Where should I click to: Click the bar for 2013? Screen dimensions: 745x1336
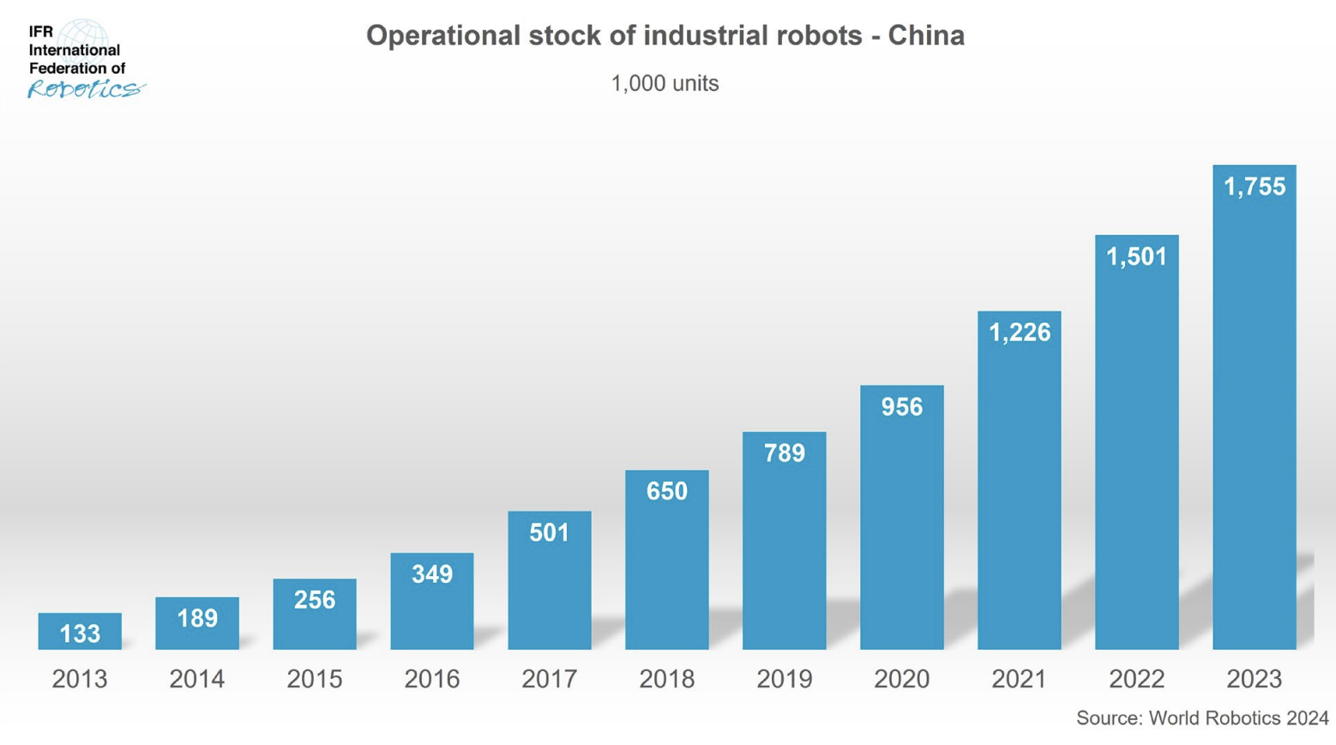[80, 631]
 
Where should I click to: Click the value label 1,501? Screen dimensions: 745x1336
[1136, 257]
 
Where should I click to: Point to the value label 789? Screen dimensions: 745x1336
[784, 453]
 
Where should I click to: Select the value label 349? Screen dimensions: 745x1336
[431, 574]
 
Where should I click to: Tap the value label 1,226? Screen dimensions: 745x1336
[1019, 332]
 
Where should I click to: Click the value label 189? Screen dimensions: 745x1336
[197, 618]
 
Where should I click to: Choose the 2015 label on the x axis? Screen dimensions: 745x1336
[315, 679]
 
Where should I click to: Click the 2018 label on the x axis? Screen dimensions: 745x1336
[666, 679]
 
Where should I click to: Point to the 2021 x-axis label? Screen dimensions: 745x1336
[1019, 679]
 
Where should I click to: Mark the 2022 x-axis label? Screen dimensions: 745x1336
[1136, 679]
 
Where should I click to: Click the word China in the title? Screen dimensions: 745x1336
[926, 35]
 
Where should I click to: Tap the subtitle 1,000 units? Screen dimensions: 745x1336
[665, 83]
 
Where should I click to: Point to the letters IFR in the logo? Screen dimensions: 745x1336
[40, 32]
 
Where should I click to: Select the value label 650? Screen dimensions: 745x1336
[666, 491]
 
